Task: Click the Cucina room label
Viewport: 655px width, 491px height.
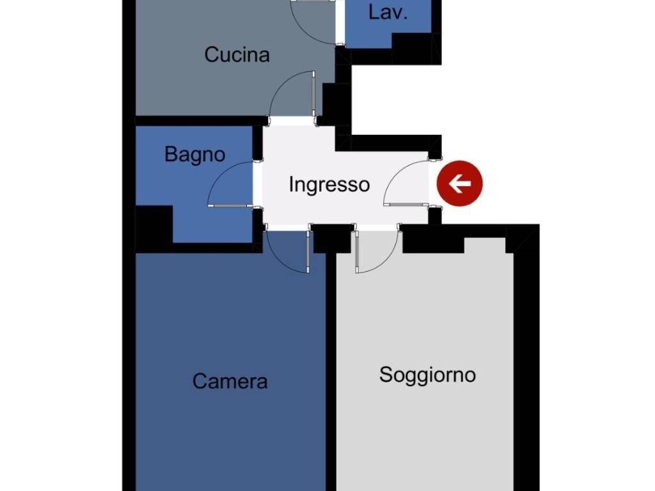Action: pyautogui.click(x=237, y=55)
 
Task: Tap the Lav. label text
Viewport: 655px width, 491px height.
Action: pyautogui.click(x=388, y=13)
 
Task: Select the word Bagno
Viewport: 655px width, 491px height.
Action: pyautogui.click(x=194, y=155)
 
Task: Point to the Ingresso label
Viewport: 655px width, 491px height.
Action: pyautogui.click(x=329, y=185)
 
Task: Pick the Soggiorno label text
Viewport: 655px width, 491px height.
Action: pyautogui.click(x=427, y=375)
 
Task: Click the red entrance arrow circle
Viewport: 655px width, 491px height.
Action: pyautogui.click(x=459, y=184)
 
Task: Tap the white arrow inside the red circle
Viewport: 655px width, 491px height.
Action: pyautogui.click(x=459, y=184)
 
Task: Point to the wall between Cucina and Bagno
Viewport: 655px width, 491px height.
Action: pyautogui.click(x=198, y=120)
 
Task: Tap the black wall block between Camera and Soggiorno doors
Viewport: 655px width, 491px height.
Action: pyautogui.click(x=331, y=238)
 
